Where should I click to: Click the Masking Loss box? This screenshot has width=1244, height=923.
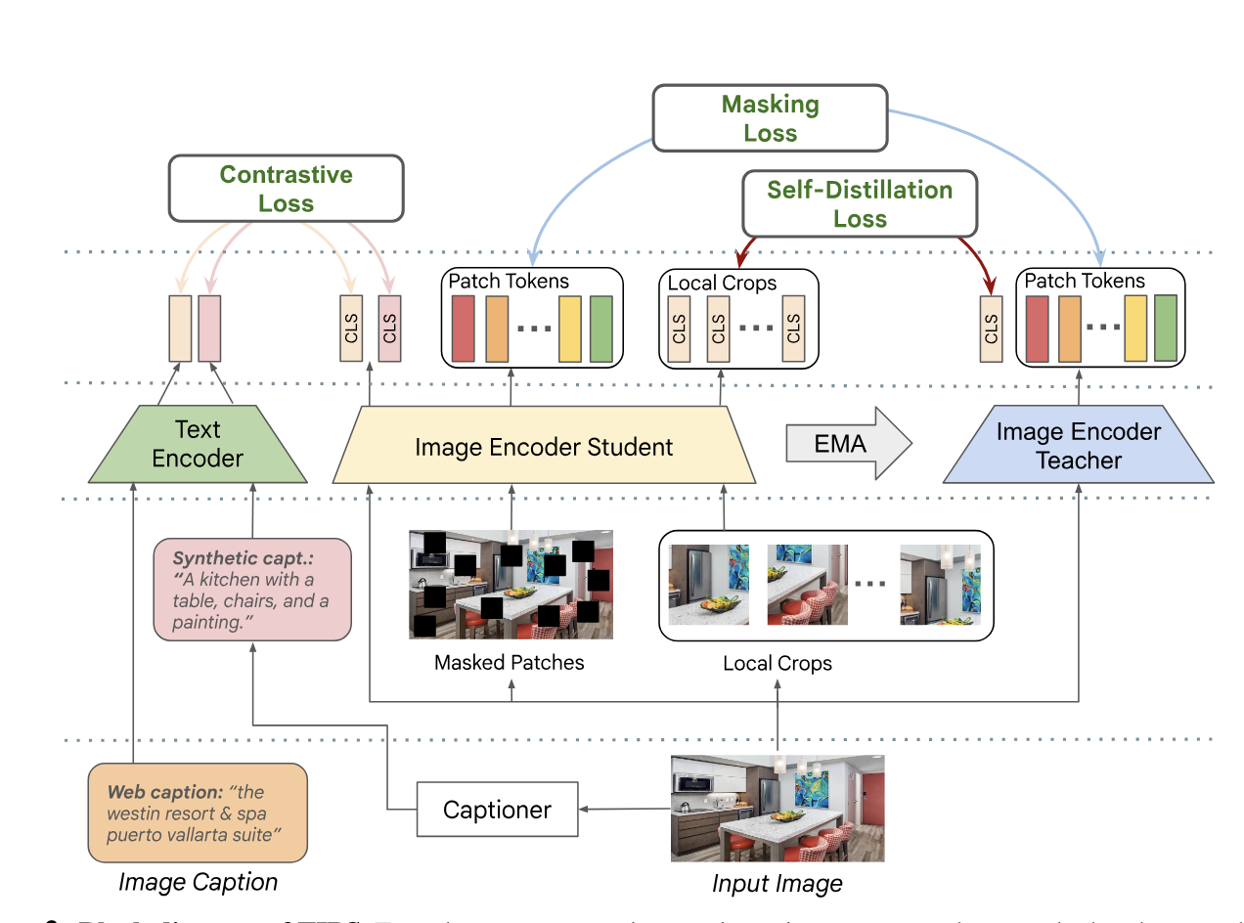[x=770, y=118]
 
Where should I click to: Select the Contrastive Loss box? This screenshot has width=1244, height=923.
[x=286, y=189]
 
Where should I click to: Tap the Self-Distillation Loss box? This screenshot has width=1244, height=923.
[x=860, y=204]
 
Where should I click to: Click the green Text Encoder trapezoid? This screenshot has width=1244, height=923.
[x=198, y=445]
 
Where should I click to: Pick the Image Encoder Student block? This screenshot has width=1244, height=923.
[x=544, y=448]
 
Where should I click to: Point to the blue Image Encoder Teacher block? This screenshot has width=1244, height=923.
[x=1078, y=446]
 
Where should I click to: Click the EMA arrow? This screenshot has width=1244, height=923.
[x=847, y=445]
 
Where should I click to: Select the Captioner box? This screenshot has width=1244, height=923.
[x=497, y=810]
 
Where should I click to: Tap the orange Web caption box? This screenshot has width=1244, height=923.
[x=198, y=813]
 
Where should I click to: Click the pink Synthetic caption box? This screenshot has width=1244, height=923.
[x=252, y=590]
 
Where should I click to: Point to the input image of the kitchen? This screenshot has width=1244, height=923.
[x=777, y=809]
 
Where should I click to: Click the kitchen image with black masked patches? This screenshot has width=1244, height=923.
[x=511, y=585]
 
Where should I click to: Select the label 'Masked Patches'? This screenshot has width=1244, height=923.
[x=509, y=663]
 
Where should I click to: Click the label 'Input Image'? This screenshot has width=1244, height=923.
[x=777, y=885]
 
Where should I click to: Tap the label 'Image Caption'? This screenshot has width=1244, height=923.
[x=198, y=883]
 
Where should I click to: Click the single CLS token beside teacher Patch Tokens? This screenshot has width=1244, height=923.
[x=991, y=330]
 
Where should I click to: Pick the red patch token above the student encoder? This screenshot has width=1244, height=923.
[x=463, y=328]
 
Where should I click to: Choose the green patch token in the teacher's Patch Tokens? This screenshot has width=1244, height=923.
[x=1165, y=328]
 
